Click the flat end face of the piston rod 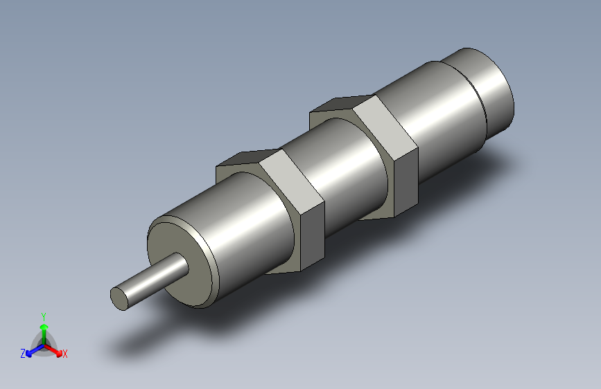(x=120, y=298)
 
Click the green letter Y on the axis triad (x=44, y=315)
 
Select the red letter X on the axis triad (x=65, y=354)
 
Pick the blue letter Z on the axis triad (x=23, y=353)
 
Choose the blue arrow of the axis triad (x=32, y=351)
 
